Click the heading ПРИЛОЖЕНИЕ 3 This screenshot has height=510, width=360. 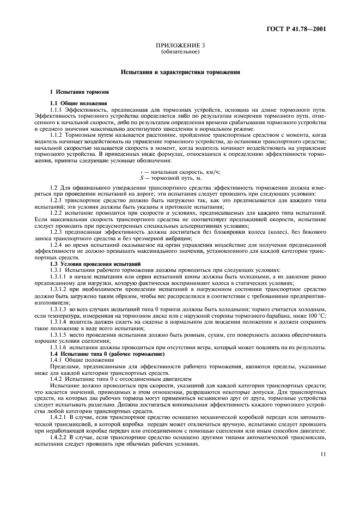(180, 47)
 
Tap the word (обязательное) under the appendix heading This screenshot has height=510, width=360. (180, 53)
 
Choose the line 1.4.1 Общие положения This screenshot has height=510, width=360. (80, 345)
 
